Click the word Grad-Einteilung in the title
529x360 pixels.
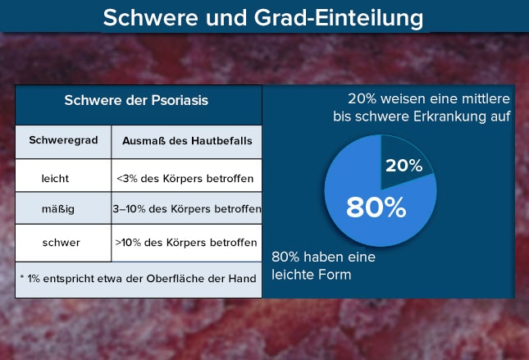(x=339, y=18)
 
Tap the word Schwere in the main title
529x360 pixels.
(x=150, y=17)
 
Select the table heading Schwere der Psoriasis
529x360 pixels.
(x=136, y=100)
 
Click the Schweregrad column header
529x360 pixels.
(x=63, y=140)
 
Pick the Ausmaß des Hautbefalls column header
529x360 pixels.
(x=187, y=141)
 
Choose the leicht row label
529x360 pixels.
(x=55, y=178)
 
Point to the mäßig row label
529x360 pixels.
(x=58, y=209)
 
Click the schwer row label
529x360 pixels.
(x=61, y=242)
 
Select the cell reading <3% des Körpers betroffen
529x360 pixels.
(x=185, y=178)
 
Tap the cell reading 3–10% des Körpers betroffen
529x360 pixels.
(x=187, y=209)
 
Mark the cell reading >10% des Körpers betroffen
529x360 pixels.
(x=186, y=242)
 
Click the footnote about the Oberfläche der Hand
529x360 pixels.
(x=139, y=279)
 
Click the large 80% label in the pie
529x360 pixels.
(x=376, y=207)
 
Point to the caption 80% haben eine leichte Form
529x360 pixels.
(x=323, y=266)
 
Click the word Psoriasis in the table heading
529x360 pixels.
(x=180, y=100)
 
